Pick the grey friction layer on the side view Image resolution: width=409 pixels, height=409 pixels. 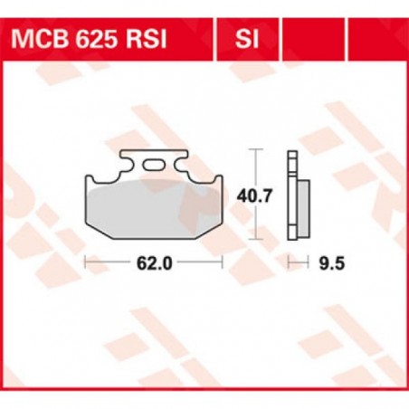(305, 207)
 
